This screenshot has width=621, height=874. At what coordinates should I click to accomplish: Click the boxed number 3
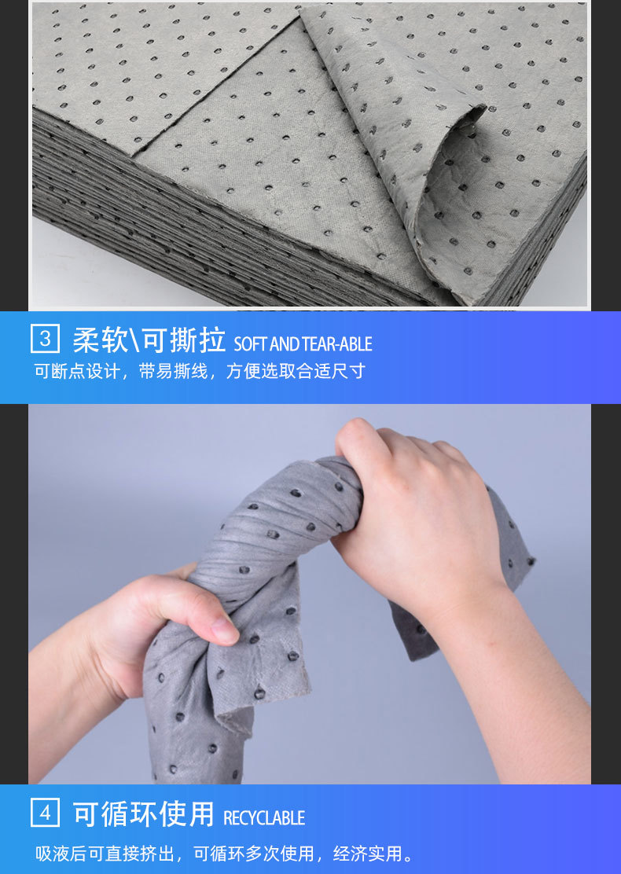pyautogui.click(x=45, y=339)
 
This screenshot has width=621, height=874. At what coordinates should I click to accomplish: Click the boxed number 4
pyautogui.click(x=45, y=813)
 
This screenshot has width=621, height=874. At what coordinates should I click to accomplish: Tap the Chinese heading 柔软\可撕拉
pyautogui.click(x=149, y=340)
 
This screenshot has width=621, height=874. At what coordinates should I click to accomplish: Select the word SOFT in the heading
pyautogui.click(x=250, y=344)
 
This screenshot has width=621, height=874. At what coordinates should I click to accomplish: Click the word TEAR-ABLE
pyautogui.click(x=336, y=344)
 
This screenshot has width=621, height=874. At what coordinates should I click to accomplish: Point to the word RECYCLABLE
pyautogui.click(x=263, y=817)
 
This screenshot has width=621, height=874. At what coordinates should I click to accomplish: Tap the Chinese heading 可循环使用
pyautogui.click(x=143, y=813)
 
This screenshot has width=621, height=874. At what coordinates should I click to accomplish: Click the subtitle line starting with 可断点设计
pyautogui.click(x=200, y=371)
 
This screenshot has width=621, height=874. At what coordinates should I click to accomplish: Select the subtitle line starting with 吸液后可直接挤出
pyautogui.click(x=226, y=853)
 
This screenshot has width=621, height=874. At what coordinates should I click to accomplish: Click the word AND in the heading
pyautogui.click(x=285, y=344)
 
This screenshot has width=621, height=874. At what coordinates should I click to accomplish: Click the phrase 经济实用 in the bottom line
pyautogui.click(x=367, y=853)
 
